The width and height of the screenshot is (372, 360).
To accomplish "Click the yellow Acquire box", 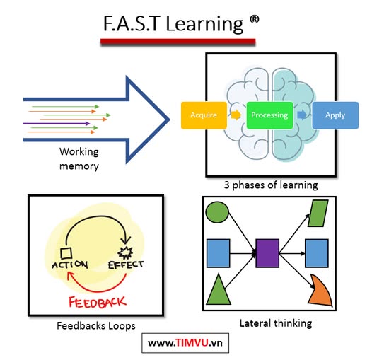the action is tap(204, 115).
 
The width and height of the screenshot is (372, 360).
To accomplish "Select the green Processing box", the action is tap(269, 115).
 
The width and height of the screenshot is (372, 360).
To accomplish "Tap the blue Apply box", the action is tap(335, 115).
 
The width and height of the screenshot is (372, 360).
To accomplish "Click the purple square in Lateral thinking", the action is tap(267, 253).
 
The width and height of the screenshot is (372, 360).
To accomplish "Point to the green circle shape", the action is tap(217, 212).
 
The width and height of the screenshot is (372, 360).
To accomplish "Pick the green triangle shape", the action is tap(219, 289).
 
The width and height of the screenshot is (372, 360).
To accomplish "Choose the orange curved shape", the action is tap(321, 291).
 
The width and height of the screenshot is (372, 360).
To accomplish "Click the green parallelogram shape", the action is tap(318, 213).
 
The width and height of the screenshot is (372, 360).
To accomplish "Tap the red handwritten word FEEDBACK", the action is tap(97, 302).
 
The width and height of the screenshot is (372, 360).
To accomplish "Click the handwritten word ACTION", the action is tap(70, 265).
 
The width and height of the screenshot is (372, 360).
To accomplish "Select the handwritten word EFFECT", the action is tap(126, 265).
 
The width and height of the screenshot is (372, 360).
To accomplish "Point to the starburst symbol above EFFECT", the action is tap(125, 252).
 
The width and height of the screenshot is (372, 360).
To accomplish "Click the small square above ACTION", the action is tap(66, 253).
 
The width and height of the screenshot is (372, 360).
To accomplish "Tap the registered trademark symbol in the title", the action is tap(254, 20).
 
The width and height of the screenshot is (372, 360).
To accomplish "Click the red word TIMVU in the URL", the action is tap(192, 343).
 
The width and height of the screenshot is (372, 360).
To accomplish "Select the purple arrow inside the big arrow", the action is tap(57, 123).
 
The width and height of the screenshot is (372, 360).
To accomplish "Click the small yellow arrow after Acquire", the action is tap(236, 115).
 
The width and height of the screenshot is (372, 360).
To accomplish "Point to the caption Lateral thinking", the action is tap(276, 323).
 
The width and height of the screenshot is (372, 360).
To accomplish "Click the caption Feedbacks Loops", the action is tap(96, 326).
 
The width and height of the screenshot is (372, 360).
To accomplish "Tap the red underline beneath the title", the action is tap(178, 42).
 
